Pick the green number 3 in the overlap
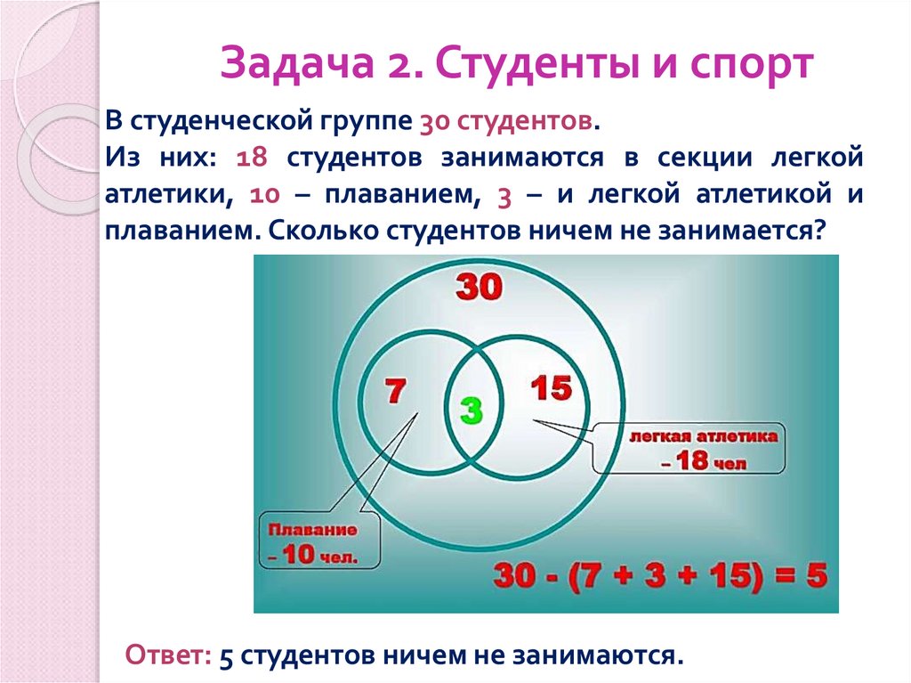coord(472,410)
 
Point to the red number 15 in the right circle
coord(552,388)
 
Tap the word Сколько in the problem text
coord(323,230)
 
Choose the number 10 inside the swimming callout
coord(303,556)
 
